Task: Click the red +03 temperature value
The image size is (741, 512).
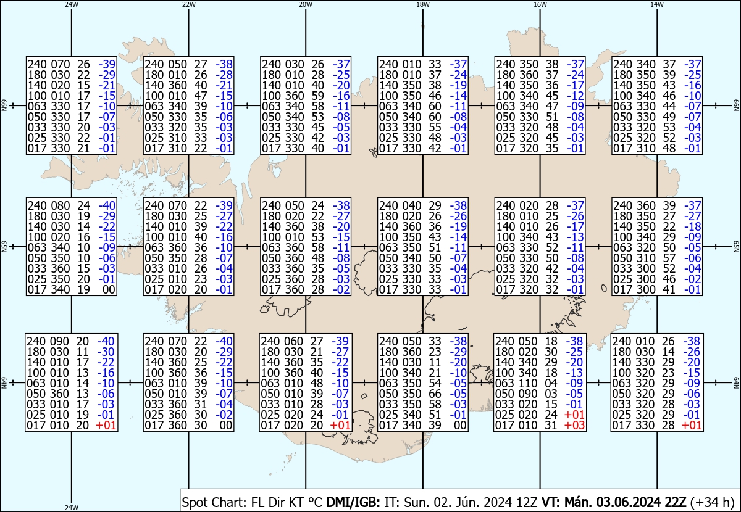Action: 575,426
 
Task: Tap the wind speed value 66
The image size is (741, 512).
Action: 435,394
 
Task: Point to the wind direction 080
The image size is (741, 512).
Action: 61,206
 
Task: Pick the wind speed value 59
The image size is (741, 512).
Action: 317,96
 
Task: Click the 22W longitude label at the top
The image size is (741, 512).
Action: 188,4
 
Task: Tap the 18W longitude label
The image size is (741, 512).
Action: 423,4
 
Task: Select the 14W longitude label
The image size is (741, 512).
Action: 657,4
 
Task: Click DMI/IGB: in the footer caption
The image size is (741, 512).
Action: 353,502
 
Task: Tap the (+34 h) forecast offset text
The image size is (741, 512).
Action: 712,503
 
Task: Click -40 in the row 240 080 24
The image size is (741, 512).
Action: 107,206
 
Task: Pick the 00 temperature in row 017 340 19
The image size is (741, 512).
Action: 109,290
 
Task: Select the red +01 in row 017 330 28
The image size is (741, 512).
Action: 692,426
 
